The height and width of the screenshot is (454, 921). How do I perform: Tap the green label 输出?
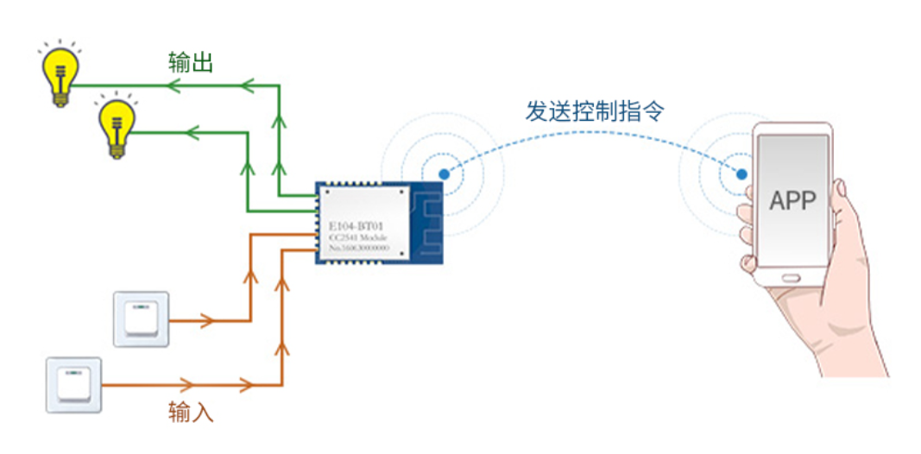(x=191, y=63)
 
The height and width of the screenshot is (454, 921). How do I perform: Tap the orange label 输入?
(x=191, y=412)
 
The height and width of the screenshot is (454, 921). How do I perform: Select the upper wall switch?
(x=141, y=319)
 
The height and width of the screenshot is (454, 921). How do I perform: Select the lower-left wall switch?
(x=73, y=385)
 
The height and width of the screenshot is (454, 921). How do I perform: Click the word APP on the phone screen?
(x=792, y=201)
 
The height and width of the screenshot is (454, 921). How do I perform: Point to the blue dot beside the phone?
(x=741, y=174)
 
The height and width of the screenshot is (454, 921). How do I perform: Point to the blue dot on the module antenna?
(x=443, y=174)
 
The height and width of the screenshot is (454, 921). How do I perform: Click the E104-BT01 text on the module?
(x=356, y=226)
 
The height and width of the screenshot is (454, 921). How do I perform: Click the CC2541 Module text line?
(x=356, y=237)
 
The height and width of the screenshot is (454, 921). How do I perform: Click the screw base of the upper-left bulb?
(x=60, y=96)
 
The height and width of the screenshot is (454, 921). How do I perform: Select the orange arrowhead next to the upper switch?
(x=206, y=321)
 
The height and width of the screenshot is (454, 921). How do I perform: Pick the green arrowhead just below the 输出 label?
(x=175, y=85)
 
